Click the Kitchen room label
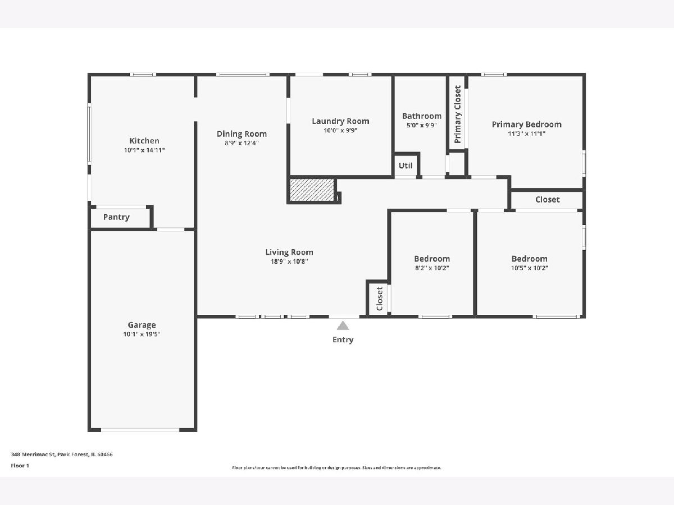pos(144,141)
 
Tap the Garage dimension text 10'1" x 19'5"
pos(142,334)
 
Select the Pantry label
pos(116,217)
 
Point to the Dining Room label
pos(242,134)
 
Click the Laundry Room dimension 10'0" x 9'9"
pos(340,130)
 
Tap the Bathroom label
pos(422,116)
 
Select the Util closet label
pos(406,166)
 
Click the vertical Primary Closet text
pos(458,114)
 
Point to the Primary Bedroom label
pos(527,125)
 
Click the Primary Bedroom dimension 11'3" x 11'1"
pos(527,134)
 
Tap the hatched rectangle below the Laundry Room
pos(312,190)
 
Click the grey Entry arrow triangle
pos(343,325)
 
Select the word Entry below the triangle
pos(343,339)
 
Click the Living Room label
pos(289,252)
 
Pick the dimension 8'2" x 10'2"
pos(432,268)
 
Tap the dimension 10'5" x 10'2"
pos(530,268)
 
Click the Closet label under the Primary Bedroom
pos(548,200)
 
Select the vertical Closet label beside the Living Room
pos(380,299)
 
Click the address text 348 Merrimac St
pos(33,454)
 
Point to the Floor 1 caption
pos(20,466)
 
